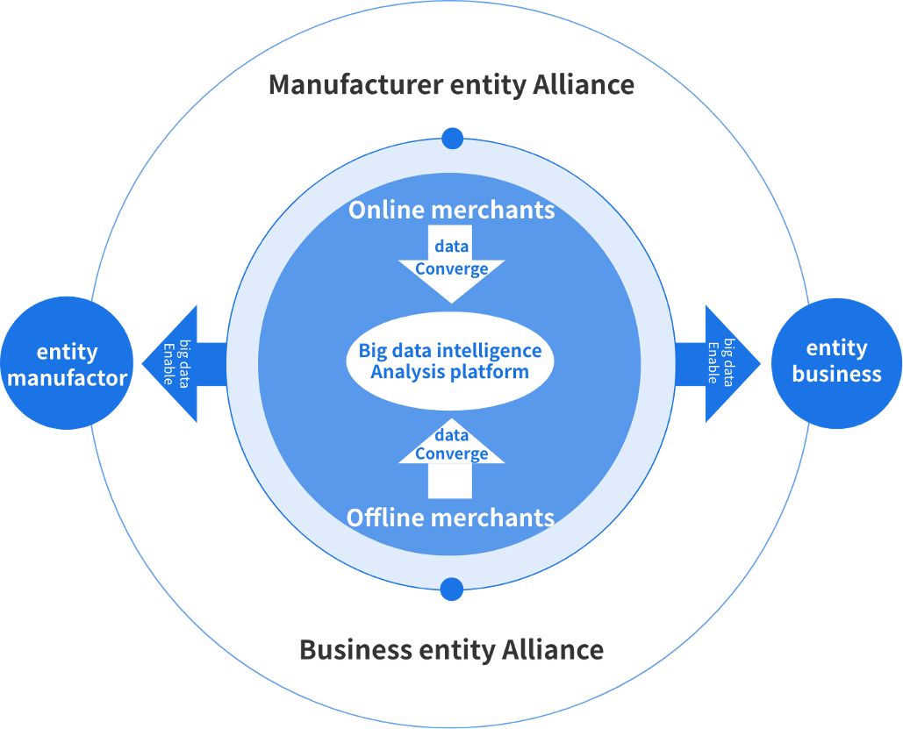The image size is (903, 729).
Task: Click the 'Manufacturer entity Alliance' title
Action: pos(451,85)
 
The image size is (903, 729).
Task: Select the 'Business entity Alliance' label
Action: pos(451,650)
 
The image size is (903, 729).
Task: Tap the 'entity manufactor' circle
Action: pos(68,364)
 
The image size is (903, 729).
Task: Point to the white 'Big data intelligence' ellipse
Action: pos(450,361)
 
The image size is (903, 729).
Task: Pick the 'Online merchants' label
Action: pos(451,211)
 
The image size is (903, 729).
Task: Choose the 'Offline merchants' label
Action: pos(450,518)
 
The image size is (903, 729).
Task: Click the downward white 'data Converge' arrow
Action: pos(451,263)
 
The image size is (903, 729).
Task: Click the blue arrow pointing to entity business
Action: pos(720,364)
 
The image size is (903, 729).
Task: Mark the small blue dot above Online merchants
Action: pos(452,138)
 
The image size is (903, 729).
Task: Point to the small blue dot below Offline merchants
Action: pos(451,590)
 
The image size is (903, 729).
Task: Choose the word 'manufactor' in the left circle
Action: pos(68,378)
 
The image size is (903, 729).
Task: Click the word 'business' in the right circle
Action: pos(836,375)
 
